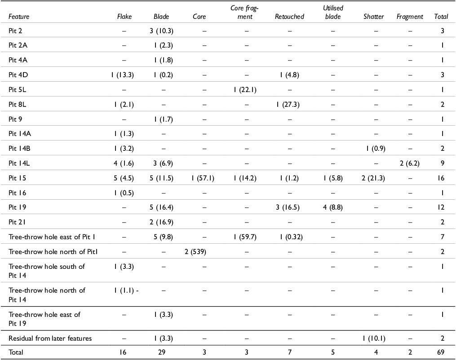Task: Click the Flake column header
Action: coord(124,17)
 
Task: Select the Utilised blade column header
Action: coord(333,12)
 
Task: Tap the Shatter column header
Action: coord(373,17)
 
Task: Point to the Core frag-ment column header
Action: coord(244,12)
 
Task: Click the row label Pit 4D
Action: coord(18,75)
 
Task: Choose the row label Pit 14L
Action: coord(19,163)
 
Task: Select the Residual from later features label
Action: coord(50,338)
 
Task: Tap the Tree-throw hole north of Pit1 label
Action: coord(53,252)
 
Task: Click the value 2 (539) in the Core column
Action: coord(195,252)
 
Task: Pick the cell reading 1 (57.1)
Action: coord(203,178)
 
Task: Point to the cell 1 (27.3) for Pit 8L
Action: coord(288,104)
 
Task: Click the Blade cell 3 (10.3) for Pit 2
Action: coord(161,31)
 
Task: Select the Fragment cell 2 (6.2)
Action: coord(409,163)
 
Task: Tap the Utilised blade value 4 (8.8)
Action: coord(333,207)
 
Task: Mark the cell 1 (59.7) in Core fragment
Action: coord(245,237)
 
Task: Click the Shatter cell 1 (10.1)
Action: coord(374,338)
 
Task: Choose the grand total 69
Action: coord(441,352)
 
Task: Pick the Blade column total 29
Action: coord(162,352)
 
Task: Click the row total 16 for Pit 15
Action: coord(441,178)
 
